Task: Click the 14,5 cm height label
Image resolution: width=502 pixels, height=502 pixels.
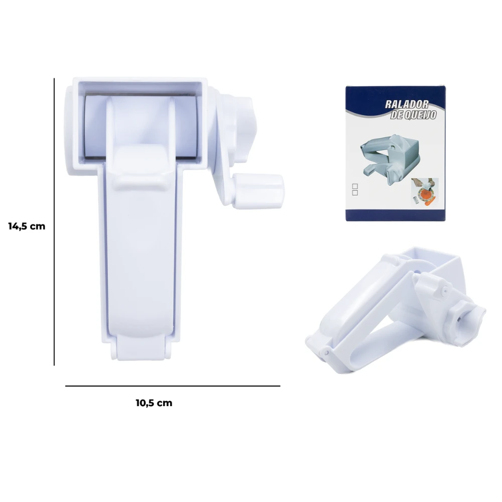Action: pyautogui.click(x=27, y=226)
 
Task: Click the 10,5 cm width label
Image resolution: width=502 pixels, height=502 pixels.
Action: pyautogui.click(x=154, y=403)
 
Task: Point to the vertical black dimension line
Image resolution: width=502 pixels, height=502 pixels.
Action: pyautogui.click(x=54, y=221)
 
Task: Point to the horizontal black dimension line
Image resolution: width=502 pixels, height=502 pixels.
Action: pyautogui.click(x=173, y=386)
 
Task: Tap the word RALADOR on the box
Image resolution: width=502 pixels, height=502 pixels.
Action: pyautogui.click(x=407, y=104)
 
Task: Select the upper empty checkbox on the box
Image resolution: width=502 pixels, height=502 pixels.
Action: pyautogui.click(x=355, y=186)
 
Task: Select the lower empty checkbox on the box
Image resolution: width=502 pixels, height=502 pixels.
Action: pyautogui.click(x=355, y=193)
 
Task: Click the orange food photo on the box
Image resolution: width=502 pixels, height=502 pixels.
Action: pyautogui.click(x=425, y=191)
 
